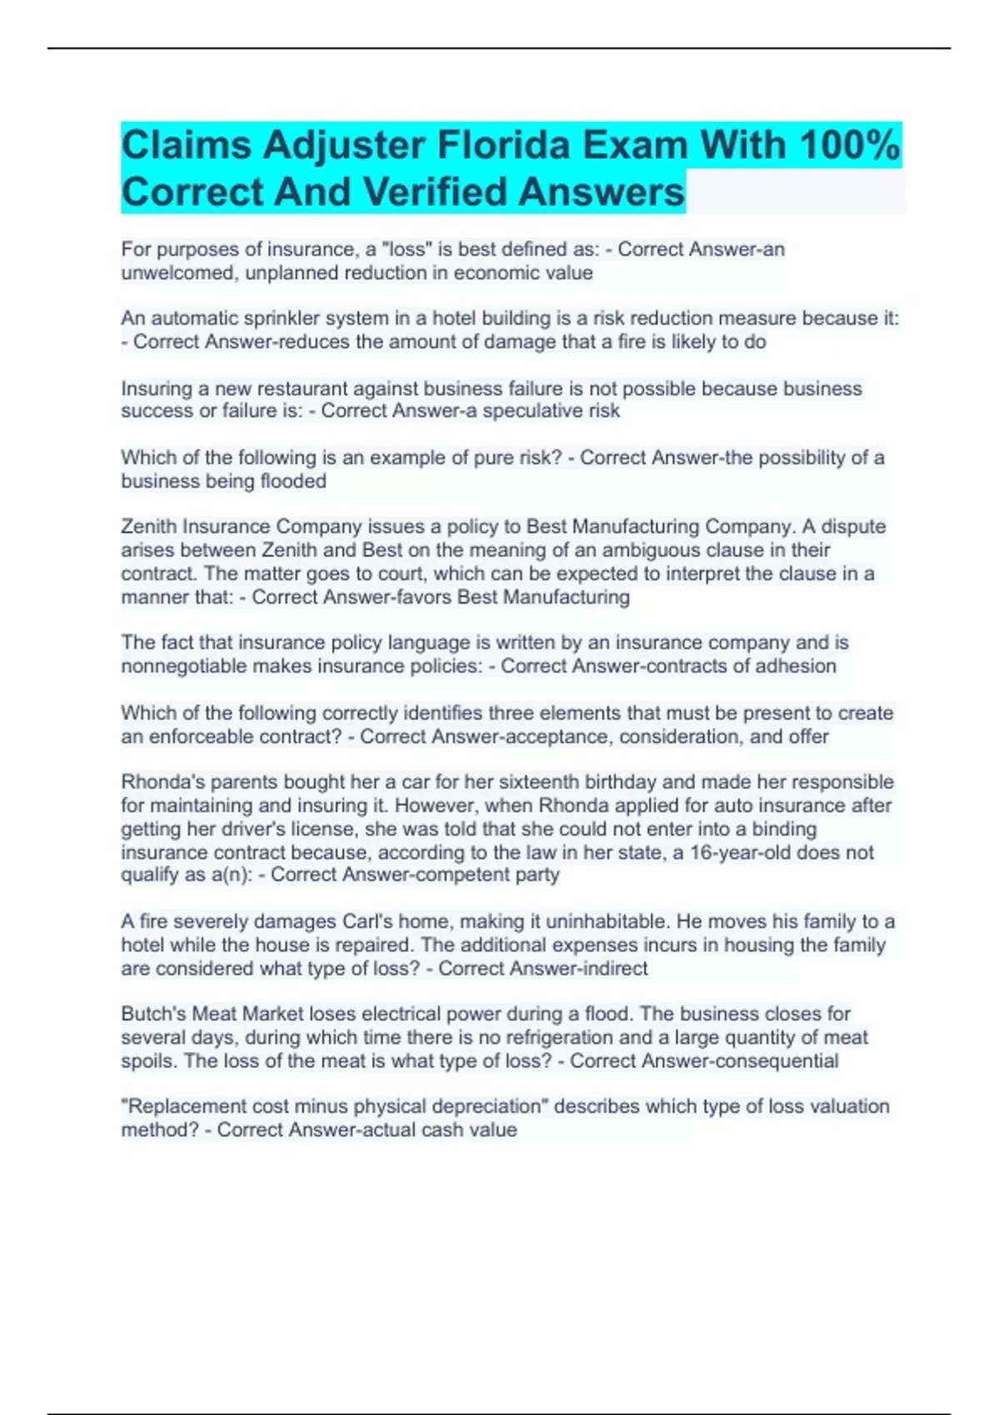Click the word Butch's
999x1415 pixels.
point(154,1014)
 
